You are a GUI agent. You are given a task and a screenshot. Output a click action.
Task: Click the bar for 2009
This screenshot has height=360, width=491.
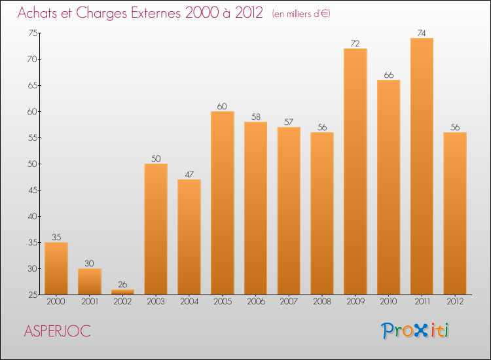(x=355, y=171)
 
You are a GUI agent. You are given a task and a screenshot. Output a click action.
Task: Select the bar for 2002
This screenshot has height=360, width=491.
(x=122, y=292)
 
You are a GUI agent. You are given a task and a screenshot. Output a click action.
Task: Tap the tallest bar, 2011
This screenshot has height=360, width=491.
(x=422, y=166)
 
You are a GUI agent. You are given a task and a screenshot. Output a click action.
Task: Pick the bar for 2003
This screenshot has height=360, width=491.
(x=156, y=229)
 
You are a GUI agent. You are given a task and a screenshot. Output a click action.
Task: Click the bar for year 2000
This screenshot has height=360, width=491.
(x=56, y=268)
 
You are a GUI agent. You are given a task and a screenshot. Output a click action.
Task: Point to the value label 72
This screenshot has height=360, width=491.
(x=355, y=43)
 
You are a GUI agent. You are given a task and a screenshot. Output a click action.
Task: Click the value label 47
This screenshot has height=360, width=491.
(x=189, y=174)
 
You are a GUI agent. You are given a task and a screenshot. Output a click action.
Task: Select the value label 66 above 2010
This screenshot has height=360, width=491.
(x=389, y=75)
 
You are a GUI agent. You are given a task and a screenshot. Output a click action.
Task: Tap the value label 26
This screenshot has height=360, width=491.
(x=122, y=284)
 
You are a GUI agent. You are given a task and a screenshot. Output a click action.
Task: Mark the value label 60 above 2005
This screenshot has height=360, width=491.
(x=223, y=106)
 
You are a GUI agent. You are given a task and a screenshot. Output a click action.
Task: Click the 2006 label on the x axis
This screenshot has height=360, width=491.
(x=255, y=302)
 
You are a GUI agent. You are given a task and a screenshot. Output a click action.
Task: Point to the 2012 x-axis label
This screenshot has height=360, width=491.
(x=455, y=302)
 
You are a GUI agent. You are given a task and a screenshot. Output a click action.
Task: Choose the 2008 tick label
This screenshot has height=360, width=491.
(x=322, y=302)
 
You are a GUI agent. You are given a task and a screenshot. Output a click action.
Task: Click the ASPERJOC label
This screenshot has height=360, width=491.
(x=58, y=331)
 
